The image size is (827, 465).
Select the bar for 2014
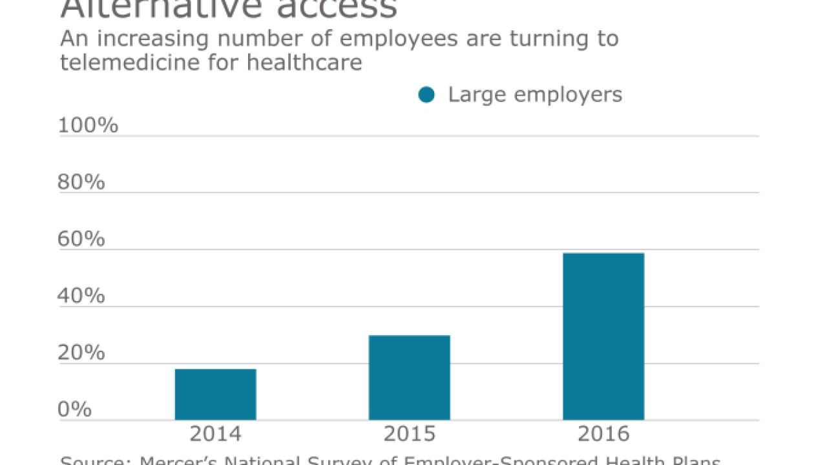[x=215, y=394]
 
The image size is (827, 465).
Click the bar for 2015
[x=409, y=377]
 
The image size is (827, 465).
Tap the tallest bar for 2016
[x=603, y=336]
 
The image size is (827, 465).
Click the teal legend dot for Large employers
[x=426, y=95]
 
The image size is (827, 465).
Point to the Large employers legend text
[x=535, y=95]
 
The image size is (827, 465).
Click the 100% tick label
[x=88, y=125]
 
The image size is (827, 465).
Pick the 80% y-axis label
[x=81, y=182]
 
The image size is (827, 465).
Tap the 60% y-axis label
[x=81, y=239]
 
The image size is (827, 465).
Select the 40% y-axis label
[x=81, y=296]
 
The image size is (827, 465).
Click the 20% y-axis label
[x=81, y=353]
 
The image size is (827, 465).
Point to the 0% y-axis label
[x=75, y=409]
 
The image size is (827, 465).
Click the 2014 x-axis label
[x=215, y=434]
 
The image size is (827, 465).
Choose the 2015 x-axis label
[x=409, y=434]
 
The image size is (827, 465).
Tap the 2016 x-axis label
[x=603, y=434]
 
